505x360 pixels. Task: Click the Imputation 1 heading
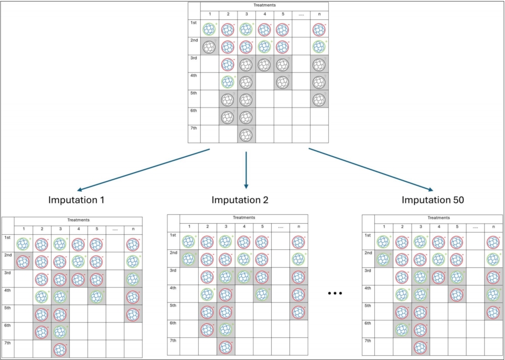pos(77,200)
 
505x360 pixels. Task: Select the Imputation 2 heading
pos(240,200)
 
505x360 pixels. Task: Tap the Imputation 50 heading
pos(433,200)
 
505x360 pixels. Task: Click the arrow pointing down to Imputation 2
pos(246,170)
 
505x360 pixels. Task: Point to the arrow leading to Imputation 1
pos(143,170)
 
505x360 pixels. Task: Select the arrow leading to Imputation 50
pos(371,170)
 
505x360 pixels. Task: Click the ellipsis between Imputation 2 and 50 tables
pos(335,293)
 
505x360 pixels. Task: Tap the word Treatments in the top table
pos(264,5)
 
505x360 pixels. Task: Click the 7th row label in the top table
pos(194,128)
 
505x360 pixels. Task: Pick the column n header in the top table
pos(319,14)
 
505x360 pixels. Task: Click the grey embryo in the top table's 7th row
pos(246,135)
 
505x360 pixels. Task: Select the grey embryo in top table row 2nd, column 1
pos(209,47)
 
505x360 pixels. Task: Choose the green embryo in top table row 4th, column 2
pos(228,82)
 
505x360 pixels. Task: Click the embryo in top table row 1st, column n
pos(319,29)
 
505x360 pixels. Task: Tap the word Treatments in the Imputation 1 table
pos(78,220)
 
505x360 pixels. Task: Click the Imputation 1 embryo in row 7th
pos(60,350)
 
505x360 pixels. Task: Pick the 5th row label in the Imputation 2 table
pos(173,306)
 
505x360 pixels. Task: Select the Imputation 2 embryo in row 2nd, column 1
pos(189,259)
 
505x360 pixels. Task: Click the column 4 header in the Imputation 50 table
pos(438,227)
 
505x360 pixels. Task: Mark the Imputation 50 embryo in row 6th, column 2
pos(402,330)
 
